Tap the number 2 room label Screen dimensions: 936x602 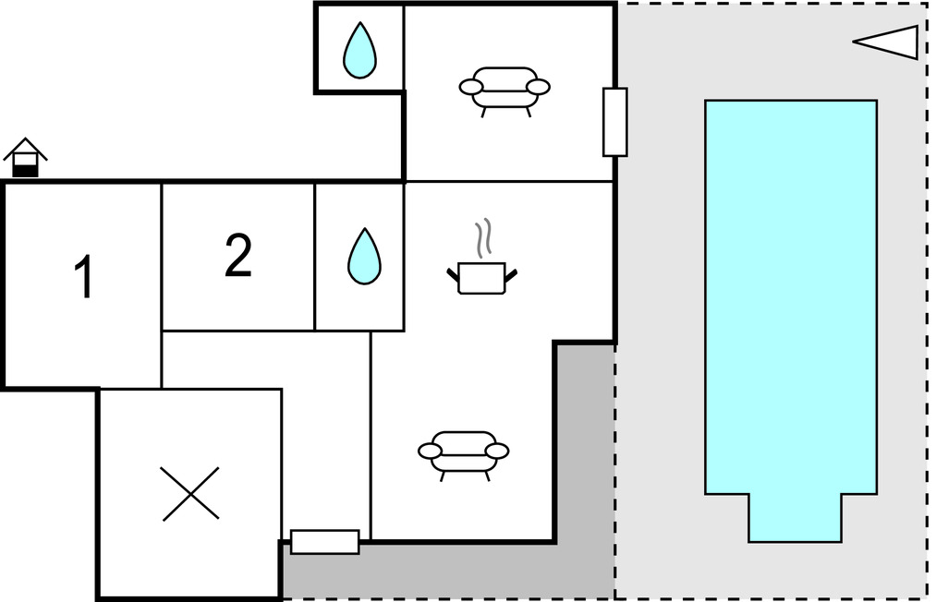(x=238, y=256)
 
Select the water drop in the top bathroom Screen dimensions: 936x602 (x=360, y=51)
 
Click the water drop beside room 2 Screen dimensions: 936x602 (x=364, y=256)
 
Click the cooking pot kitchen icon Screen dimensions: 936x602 (x=481, y=278)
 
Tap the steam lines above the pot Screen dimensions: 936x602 (x=483, y=238)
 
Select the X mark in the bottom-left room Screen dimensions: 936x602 (x=190, y=494)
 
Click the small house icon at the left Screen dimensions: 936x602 (x=25, y=158)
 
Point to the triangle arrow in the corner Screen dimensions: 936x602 (x=886, y=42)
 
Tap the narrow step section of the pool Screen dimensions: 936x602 (x=796, y=518)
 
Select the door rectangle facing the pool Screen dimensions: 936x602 (x=614, y=122)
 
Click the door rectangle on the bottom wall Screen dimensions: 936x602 (x=325, y=542)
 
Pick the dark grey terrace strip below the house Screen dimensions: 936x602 (x=448, y=570)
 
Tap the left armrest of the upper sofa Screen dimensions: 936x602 (x=471, y=87)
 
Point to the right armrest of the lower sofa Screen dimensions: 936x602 (x=497, y=451)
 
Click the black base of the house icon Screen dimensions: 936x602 (x=25, y=171)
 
